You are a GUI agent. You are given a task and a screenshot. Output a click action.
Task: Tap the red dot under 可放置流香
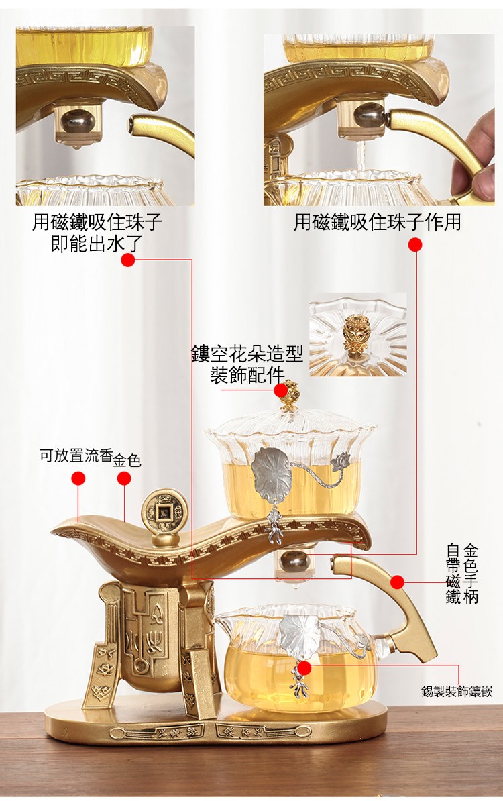pyautogui.click(x=78, y=479)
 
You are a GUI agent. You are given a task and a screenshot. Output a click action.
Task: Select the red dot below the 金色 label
pyautogui.click(x=124, y=479)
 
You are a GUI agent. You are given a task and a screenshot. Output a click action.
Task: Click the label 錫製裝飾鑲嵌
pyautogui.click(x=457, y=692)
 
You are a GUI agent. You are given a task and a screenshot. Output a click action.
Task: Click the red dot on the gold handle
pyautogui.click(x=398, y=582)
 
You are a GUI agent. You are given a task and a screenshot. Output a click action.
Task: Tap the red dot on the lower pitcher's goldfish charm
pyautogui.click(x=304, y=667)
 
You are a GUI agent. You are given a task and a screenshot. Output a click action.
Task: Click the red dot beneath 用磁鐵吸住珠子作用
pyautogui.click(x=415, y=245)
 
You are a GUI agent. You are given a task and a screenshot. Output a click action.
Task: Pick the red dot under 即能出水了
pyautogui.click(x=128, y=260)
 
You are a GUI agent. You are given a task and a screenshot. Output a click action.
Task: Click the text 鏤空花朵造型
pyautogui.click(x=247, y=353)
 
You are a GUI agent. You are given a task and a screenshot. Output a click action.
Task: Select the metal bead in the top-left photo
pyautogui.click(x=78, y=121)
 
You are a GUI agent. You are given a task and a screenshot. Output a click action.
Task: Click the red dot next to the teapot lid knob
pyautogui.click(x=280, y=391)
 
